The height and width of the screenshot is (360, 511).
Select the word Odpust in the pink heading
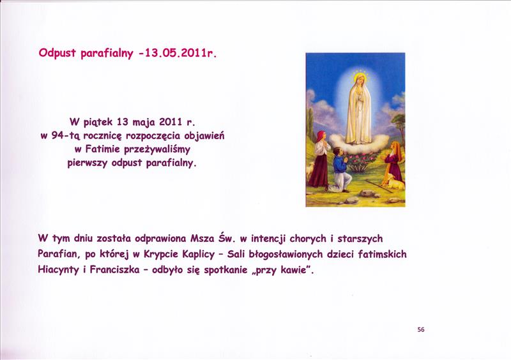click(57, 53)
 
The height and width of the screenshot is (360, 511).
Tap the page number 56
click(421, 330)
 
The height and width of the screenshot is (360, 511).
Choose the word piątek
click(98, 123)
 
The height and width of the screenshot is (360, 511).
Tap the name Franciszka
click(114, 270)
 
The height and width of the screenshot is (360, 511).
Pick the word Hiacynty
click(58, 270)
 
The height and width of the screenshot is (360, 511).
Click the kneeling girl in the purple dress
click(393, 161)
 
